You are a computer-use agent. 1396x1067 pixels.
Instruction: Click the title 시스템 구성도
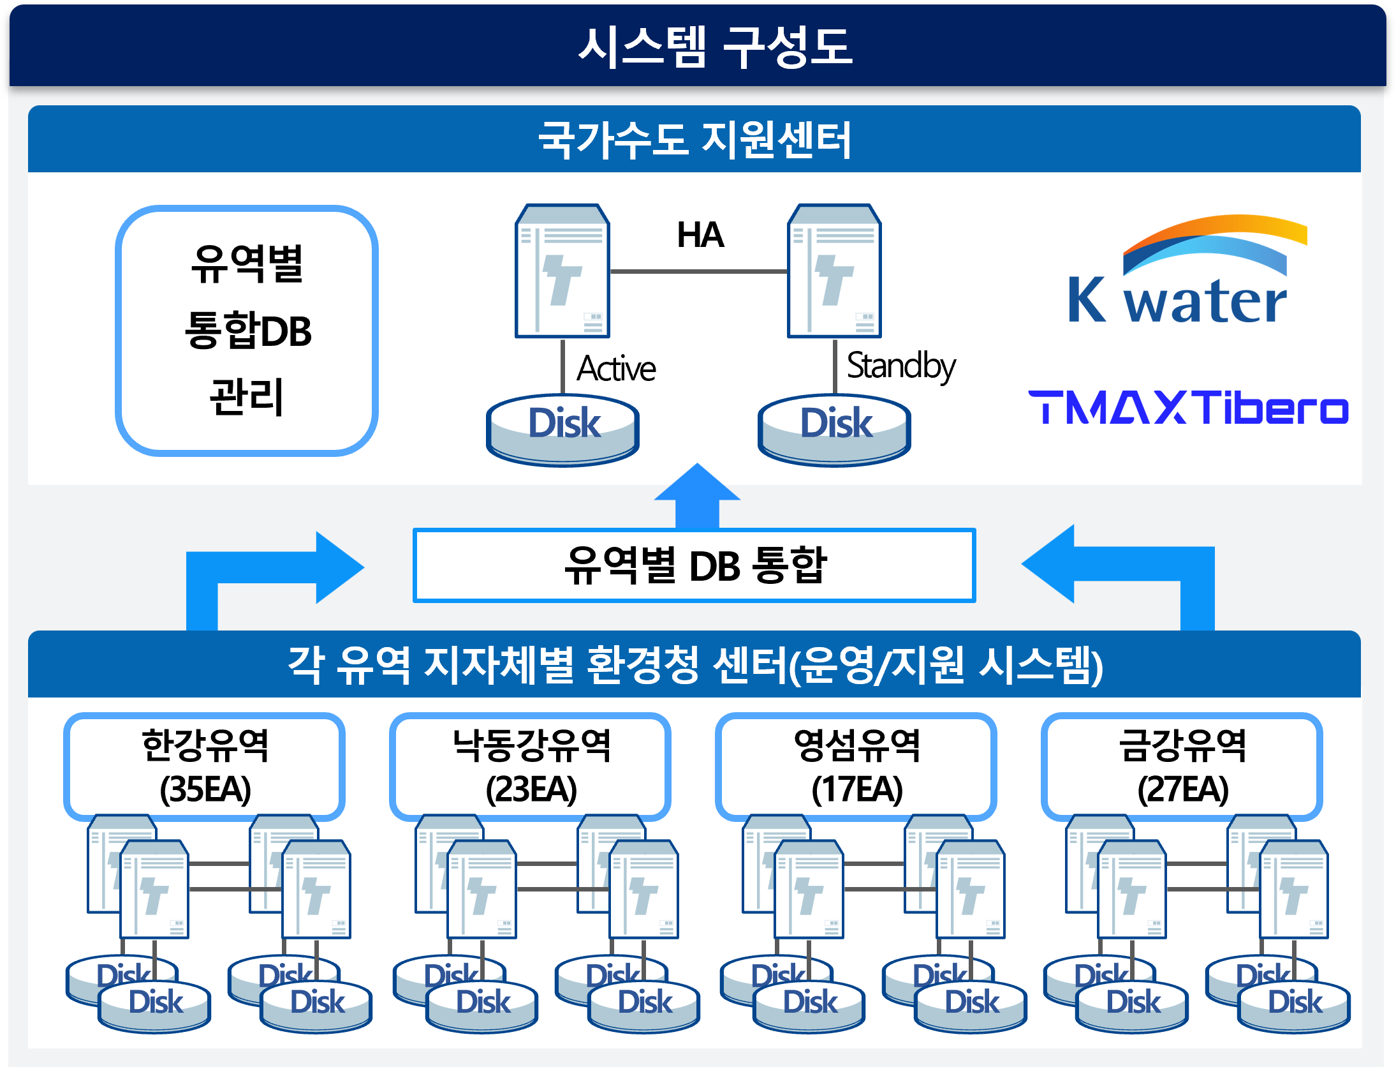click(714, 47)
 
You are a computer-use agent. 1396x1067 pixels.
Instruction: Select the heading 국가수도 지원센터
click(694, 140)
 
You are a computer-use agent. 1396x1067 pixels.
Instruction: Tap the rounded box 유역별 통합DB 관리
click(247, 331)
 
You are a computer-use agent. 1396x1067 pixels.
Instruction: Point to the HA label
click(700, 235)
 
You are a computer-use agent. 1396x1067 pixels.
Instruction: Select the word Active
click(616, 369)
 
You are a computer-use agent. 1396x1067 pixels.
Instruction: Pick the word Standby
click(900, 366)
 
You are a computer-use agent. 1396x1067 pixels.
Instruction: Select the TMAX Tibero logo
click(1187, 408)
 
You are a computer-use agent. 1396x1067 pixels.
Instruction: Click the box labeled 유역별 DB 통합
click(694, 565)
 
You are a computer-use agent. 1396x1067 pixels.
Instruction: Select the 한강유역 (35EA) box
click(205, 766)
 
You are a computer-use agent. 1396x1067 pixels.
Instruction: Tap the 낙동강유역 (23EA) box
click(531, 766)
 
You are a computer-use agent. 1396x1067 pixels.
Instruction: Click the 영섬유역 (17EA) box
click(856, 766)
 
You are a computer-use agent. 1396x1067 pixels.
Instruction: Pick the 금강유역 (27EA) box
click(1182, 766)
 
